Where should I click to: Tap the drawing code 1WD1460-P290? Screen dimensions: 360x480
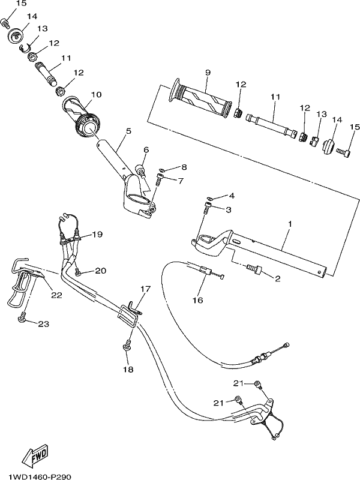40,476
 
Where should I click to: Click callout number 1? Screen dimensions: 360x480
290,224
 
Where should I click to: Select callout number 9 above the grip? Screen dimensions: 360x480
208,73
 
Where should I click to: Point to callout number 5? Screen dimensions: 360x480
128,131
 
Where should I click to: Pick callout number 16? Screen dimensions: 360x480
198,300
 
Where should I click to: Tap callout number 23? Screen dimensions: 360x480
43,323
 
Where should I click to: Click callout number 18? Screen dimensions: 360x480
128,370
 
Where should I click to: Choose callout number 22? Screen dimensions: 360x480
56,295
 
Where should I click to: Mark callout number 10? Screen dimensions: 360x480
96,94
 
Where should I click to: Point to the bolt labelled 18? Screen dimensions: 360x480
127,344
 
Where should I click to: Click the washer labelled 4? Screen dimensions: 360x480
208,199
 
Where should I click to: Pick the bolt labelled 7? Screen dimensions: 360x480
159,179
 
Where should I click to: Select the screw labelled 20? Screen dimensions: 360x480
78,271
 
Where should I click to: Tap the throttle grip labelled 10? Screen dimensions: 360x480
81,116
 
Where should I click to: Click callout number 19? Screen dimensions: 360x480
97,235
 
